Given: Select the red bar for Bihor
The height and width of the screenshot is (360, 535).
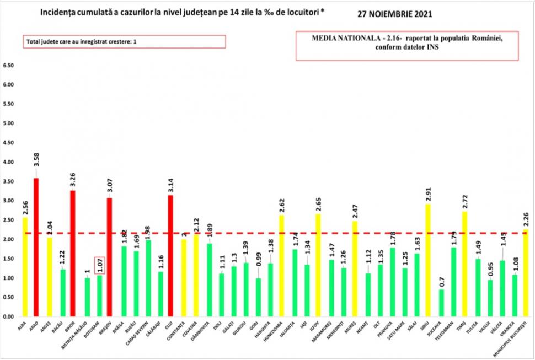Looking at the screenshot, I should [73, 254].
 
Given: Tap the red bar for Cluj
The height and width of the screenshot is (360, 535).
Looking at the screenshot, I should [170, 256].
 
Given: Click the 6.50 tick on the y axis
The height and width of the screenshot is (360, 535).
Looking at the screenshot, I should [8, 66].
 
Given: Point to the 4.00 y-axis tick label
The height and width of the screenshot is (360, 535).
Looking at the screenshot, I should [8, 162].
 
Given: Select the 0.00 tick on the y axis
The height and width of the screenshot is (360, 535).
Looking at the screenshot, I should [8, 317].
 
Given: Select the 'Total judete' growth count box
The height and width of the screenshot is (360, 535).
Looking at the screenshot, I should [124, 42].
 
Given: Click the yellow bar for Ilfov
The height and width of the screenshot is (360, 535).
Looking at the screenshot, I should [318, 265].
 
